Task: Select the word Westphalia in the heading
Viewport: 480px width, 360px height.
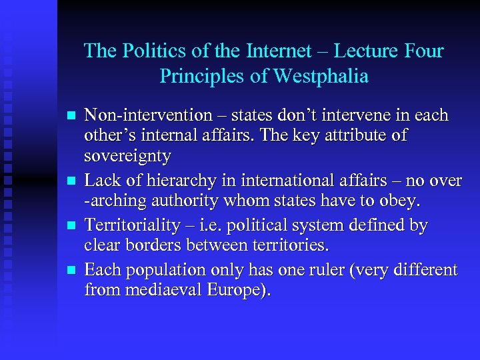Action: (322, 76)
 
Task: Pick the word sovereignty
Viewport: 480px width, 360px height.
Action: (127, 157)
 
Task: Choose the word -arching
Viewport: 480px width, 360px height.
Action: (113, 201)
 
